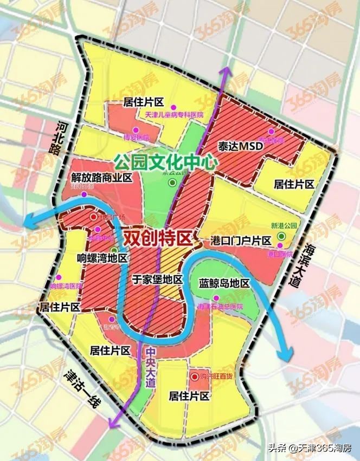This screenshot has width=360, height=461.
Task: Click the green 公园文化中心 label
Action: pos(166,161)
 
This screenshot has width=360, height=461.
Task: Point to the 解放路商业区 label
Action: pos(102,177)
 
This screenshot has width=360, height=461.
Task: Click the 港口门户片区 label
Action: pos(240,240)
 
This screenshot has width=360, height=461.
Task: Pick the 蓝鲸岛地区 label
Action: pos(223,283)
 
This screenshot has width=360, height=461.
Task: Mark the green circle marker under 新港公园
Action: pos(281,237)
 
